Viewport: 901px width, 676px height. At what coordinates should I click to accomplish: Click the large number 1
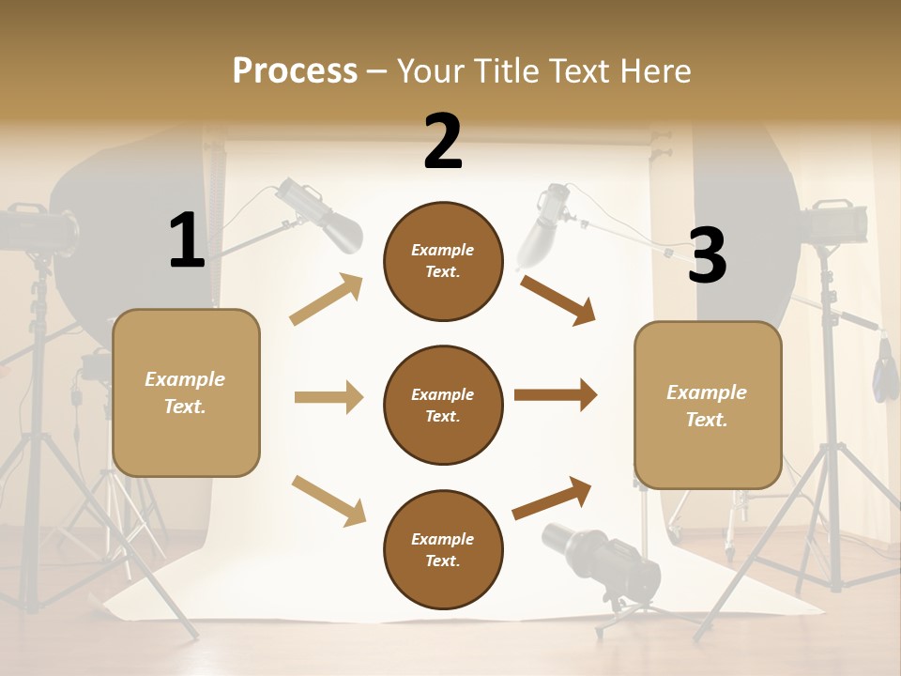[187, 241]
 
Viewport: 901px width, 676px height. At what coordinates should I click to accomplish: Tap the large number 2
[443, 143]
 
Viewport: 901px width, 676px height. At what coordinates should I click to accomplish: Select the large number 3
[708, 256]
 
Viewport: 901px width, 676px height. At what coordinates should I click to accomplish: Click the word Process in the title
[295, 70]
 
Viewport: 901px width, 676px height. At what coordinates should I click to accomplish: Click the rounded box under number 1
[186, 392]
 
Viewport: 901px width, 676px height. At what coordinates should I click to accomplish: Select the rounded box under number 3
[708, 405]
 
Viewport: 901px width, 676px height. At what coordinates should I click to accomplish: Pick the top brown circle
[443, 261]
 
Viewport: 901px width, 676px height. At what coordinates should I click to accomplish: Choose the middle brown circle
[443, 405]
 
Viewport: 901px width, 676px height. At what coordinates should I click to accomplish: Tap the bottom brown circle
[443, 549]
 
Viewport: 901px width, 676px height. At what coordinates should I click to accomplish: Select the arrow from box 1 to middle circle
[328, 397]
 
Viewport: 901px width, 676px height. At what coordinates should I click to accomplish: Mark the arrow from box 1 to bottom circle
[328, 500]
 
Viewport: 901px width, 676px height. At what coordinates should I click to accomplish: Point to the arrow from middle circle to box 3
[556, 395]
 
